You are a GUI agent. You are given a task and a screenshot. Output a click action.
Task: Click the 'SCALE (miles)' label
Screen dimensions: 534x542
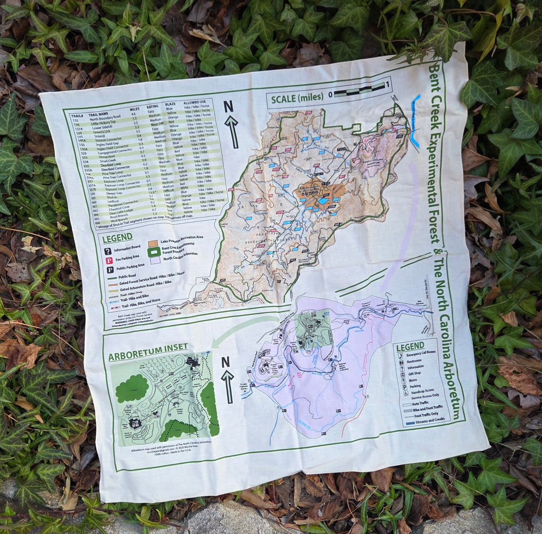tap(297, 98)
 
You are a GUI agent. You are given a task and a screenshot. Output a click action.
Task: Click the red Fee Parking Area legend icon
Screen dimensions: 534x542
tap(109, 260)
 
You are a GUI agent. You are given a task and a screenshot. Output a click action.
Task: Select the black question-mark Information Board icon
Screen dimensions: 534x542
tap(107, 251)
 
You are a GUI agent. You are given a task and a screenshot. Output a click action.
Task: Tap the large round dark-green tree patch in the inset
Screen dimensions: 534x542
tap(132, 388)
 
